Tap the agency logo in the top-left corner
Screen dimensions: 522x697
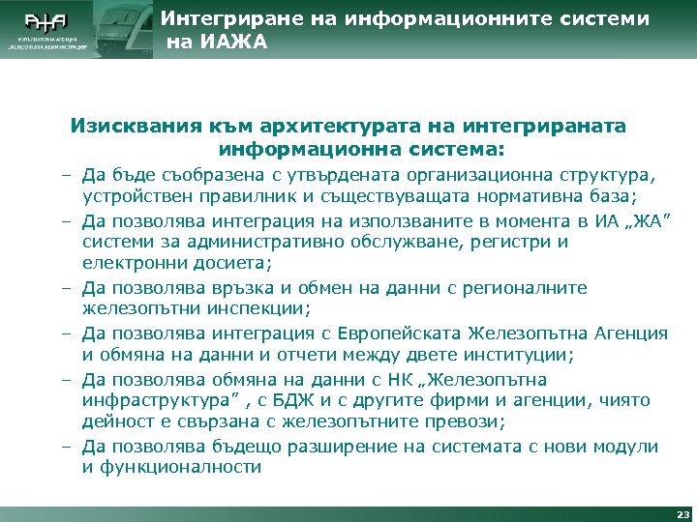tap(47, 29)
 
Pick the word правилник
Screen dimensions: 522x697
tap(226, 197)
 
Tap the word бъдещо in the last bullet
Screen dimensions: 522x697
tap(243, 447)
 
